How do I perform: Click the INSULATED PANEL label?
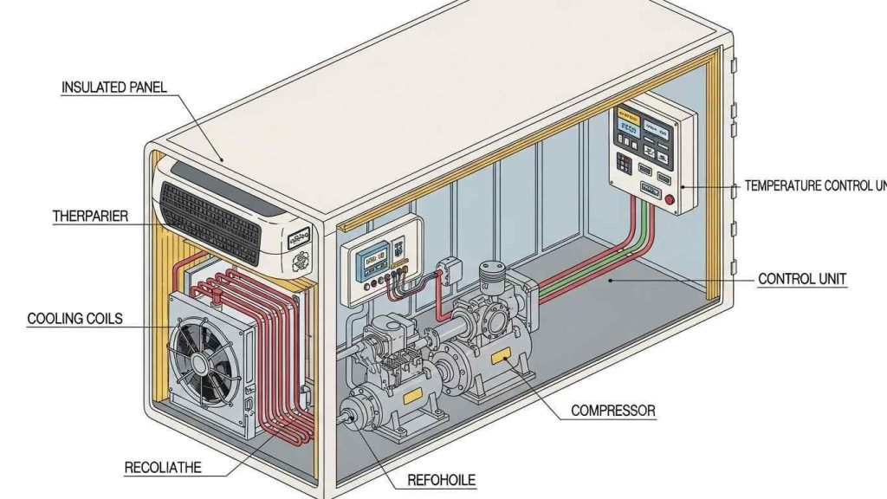tap(113, 87)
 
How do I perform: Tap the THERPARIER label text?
tap(90, 216)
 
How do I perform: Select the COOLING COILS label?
tap(75, 319)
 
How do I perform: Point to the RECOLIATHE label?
tap(163, 468)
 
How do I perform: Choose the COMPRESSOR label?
tap(613, 410)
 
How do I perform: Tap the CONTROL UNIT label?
tap(801, 279)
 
